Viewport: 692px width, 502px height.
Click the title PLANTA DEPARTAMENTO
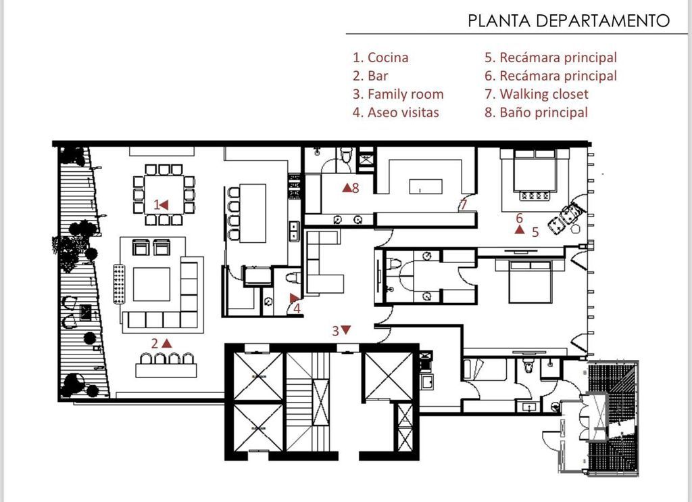pyautogui.click(x=568, y=20)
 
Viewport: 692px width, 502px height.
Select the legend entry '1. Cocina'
pyautogui.click(x=380, y=58)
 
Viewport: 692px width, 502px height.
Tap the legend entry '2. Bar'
pyautogui.click(x=370, y=76)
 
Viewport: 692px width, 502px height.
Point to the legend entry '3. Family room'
pyautogui.click(x=398, y=94)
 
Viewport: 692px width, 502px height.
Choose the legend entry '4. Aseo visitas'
pyautogui.click(x=396, y=112)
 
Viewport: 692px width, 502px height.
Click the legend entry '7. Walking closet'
pyautogui.click(x=536, y=94)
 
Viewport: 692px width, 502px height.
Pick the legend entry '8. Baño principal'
pyautogui.click(x=536, y=112)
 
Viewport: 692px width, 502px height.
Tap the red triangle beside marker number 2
pyautogui.click(x=167, y=343)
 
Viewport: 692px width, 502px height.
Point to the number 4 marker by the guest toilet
pyautogui.click(x=297, y=308)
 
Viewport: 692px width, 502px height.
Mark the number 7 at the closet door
pyautogui.click(x=463, y=204)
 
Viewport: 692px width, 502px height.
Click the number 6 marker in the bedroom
pyautogui.click(x=520, y=218)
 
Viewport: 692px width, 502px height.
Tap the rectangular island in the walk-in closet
pyautogui.click(x=426, y=186)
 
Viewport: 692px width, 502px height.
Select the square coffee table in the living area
pyautogui.click(x=151, y=284)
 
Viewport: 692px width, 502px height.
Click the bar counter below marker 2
pyautogui.click(x=166, y=370)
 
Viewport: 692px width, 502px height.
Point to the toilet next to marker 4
pyautogui.click(x=293, y=277)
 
